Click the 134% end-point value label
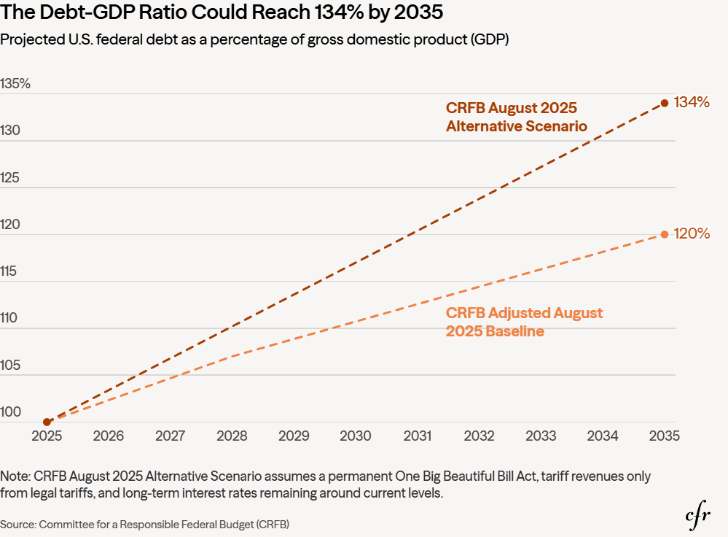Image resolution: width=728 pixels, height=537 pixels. pyautogui.click(x=692, y=103)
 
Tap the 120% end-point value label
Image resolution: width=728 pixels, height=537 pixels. pyautogui.click(x=692, y=234)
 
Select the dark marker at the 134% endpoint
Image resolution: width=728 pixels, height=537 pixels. pyautogui.click(x=665, y=103)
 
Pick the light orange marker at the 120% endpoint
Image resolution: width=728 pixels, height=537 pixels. pyautogui.click(x=665, y=234)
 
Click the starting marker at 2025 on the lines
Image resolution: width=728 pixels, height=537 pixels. pyautogui.click(x=47, y=422)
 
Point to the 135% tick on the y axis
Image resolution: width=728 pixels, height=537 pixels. pyautogui.click(x=15, y=84)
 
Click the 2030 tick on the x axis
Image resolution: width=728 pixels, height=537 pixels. pyautogui.click(x=356, y=436)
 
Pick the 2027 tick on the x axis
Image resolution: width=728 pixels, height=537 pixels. pyautogui.click(x=171, y=436)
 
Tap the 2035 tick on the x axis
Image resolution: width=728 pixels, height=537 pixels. pyautogui.click(x=665, y=436)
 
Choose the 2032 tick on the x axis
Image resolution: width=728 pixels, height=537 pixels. pyautogui.click(x=480, y=436)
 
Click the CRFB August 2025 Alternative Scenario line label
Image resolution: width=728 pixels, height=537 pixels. pyautogui.click(x=517, y=117)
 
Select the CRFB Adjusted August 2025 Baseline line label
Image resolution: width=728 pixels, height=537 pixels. pyautogui.click(x=524, y=322)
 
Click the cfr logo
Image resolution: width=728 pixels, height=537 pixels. pyautogui.click(x=699, y=516)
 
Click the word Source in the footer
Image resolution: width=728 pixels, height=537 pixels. pyautogui.click(x=18, y=524)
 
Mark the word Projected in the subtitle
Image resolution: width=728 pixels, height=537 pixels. pyautogui.click(x=28, y=40)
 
